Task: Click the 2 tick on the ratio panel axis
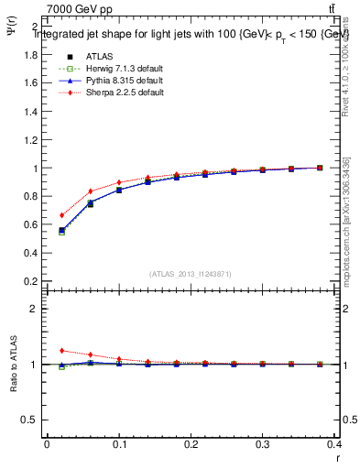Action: [x=34, y=309]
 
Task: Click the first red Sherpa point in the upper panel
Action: [x=61, y=215]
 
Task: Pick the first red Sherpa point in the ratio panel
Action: [x=61, y=350]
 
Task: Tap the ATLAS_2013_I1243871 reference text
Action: [x=190, y=274]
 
